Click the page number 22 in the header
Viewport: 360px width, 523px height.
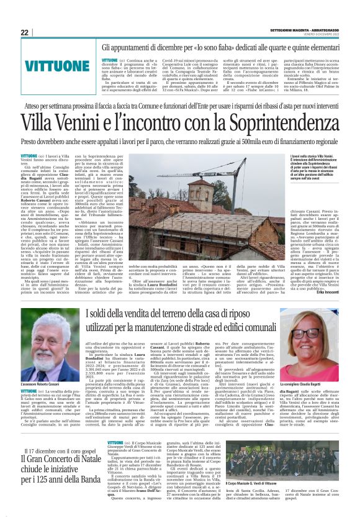point(24,33)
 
